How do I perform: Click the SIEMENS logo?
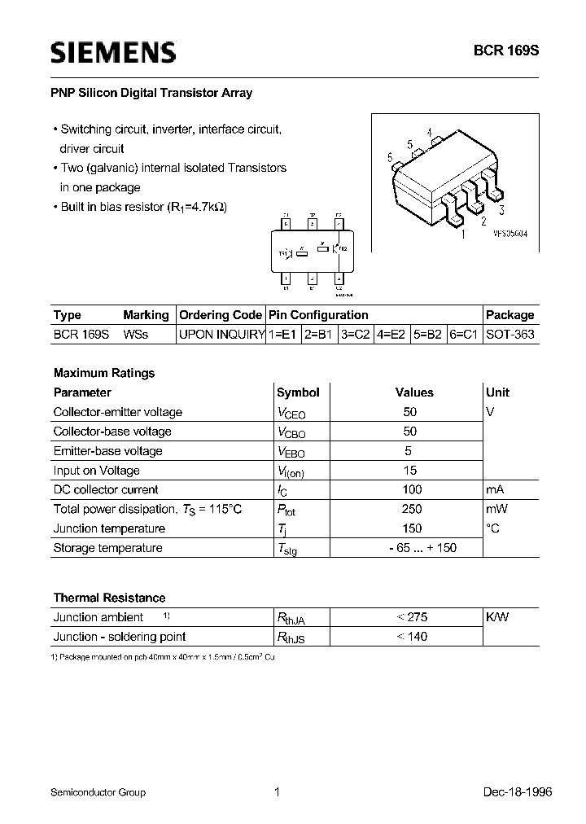point(113,53)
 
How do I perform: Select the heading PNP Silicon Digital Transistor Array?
point(153,93)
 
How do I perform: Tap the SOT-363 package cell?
point(509,335)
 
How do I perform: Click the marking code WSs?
point(136,335)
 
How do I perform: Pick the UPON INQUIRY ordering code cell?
point(221,335)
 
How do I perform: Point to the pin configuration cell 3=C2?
point(355,335)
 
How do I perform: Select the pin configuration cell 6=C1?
point(465,335)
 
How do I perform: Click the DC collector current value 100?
point(412,489)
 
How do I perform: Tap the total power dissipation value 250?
point(412,509)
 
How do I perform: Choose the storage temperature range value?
point(412,548)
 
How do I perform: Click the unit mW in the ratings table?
point(496,509)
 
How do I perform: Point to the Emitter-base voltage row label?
point(107,451)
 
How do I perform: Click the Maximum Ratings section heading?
point(104,373)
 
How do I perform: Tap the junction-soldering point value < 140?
point(412,637)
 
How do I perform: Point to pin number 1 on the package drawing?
point(463,235)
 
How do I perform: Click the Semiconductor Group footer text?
point(98,791)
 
